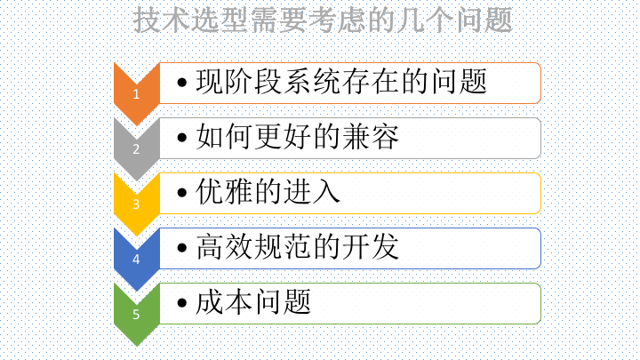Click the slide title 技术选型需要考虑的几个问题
(x=323, y=20)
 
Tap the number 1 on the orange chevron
(x=136, y=94)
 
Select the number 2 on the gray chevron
(x=136, y=149)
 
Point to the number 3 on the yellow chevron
(x=136, y=204)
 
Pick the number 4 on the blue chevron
(x=136, y=260)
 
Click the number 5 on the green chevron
(x=136, y=315)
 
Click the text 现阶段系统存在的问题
(x=341, y=81)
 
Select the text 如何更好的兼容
(x=298, y=136)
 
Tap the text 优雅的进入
(x=268, y=191)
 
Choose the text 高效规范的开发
(x=298, y=246)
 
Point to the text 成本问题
(x=253, y=302)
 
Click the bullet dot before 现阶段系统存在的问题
(x=182, y=83)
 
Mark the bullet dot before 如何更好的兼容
(x=182, y=138)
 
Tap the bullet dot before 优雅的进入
(x=182, y=193)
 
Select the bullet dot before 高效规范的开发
(x=182, y=248)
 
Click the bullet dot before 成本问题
(x=182, y=303)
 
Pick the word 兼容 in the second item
(x=371, y=136)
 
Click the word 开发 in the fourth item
(x=371, y=246)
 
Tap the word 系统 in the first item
(x=312, y=81)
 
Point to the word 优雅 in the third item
(x=224, y=191)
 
